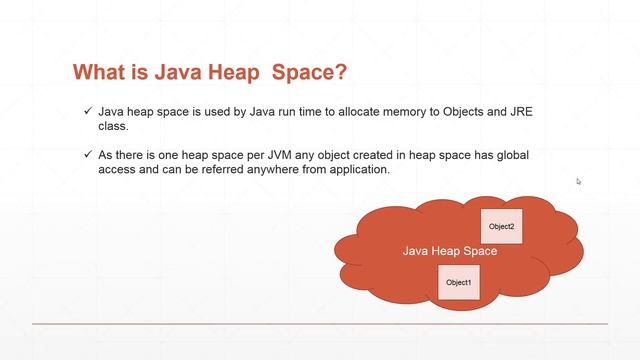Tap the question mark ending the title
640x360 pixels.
tap(342, 72)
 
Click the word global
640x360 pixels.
tap(512, 156)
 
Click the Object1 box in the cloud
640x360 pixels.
tap(459, 283)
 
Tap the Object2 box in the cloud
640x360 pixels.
tap(501, 227)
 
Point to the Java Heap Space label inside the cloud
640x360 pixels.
tap(449, 251)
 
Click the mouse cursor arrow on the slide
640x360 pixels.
tap(579, 181)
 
